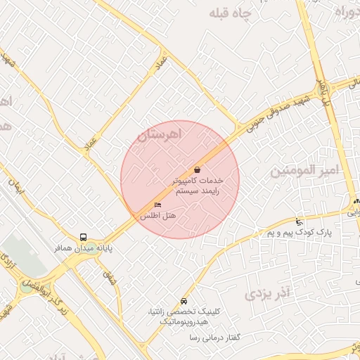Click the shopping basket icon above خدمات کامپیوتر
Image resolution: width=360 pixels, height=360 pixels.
pos(197,169)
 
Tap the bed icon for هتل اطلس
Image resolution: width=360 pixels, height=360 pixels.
pos(157,205)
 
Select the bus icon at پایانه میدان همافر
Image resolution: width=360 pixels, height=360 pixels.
pos(84,237)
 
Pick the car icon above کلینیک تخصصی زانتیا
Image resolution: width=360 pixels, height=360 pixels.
pos(184,300)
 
